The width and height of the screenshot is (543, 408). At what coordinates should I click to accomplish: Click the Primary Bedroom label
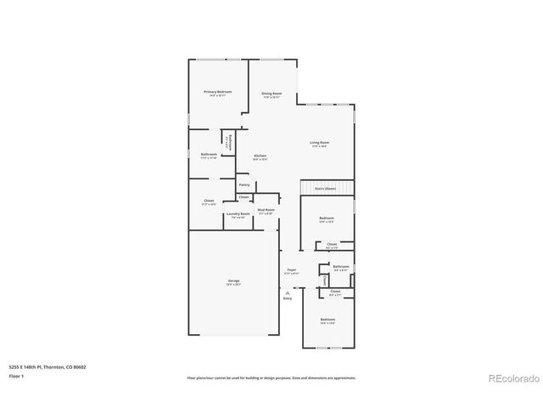(217, 92)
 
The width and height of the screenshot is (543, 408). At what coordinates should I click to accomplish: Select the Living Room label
(319, 143)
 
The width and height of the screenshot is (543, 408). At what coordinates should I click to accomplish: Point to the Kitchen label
(260, 156)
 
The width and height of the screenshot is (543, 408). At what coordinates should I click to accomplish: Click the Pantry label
(244, 184)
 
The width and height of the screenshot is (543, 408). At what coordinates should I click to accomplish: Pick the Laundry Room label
(238, 214)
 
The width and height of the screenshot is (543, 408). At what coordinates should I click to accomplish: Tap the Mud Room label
(266, 210)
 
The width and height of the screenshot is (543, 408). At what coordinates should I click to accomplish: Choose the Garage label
(233, 280)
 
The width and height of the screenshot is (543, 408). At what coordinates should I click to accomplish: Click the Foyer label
(291, 269)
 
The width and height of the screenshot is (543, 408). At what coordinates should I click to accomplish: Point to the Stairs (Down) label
(326, 188)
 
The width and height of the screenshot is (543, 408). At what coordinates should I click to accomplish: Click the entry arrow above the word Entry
(287, 292)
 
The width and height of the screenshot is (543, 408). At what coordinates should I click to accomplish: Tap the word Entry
(287, 298)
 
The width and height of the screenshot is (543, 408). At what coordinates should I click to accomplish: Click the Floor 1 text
(15, 375)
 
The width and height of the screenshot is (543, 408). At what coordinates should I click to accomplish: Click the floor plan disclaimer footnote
(271, 377)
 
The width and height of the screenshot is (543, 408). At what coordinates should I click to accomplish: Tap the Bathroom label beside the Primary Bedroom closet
(209, 155)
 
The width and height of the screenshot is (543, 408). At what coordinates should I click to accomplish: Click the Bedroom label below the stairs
(327, 218)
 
